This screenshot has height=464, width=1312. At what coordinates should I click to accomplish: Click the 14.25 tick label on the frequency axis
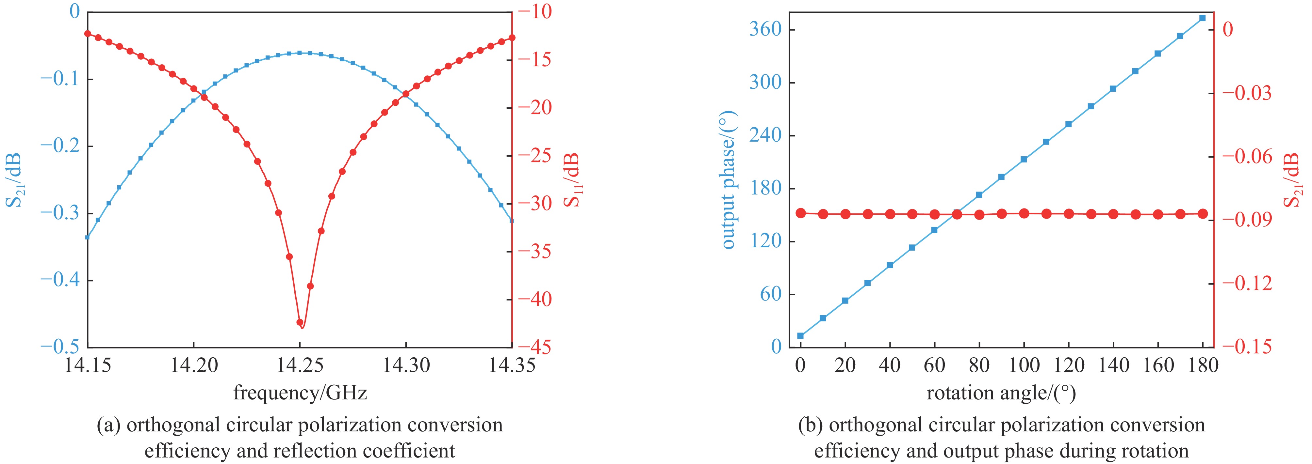tap(300, 365)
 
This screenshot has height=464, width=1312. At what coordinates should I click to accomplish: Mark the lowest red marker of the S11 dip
tap(300, 323)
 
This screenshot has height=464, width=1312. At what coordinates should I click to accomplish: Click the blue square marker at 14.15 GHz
tap(88, 237)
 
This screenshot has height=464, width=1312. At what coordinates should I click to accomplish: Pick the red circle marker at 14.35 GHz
tap(512, 38)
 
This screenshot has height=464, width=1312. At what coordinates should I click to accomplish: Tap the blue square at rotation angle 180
tap(1203, 18)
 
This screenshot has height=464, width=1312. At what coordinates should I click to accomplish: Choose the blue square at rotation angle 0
tap(801, 336)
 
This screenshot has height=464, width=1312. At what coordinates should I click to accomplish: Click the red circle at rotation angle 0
tap(801, 213)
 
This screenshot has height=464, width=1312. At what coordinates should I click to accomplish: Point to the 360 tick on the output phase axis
tap(765, 29)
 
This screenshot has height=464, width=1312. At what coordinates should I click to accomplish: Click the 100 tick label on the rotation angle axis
tap(1024, 365)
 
